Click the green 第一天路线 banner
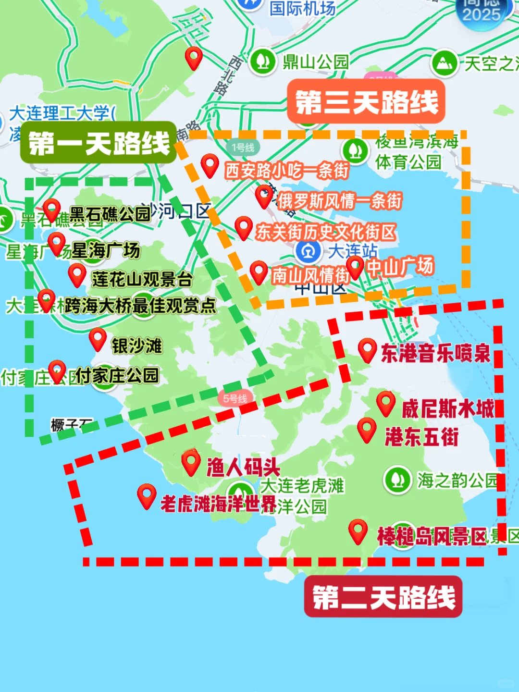(99, 143)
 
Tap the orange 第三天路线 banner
(366, 101)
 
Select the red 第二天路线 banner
(383, 597)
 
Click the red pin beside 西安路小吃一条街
(210, 165)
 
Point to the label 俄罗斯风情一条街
(339, 201)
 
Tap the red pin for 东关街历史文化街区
(244, 227)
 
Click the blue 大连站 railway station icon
(308, 250)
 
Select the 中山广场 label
(400, 266)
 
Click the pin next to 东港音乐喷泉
(367, 350)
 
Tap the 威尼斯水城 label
(448, 409)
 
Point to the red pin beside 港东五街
(367, 429)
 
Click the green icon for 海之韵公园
(397, 480)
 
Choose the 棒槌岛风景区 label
(432, 536)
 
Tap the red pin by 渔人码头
(191, 462)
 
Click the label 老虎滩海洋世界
(218, 504)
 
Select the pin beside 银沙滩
(98, 339)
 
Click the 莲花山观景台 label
(142, 279)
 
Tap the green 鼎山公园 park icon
(262, 61)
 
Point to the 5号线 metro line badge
(235, 398)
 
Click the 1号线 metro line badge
(243, 148)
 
